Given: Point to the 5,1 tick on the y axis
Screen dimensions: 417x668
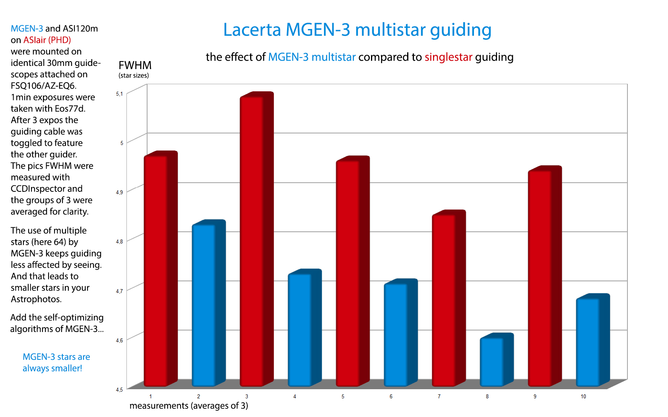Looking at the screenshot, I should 119,94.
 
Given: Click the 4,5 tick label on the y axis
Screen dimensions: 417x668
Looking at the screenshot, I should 119,390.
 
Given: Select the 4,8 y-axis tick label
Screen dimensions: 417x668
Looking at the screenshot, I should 119,241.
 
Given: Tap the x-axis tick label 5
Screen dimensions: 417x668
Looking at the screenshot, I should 343,396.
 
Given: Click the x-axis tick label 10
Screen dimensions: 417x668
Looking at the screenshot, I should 583,396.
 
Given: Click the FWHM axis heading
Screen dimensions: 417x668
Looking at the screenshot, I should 135,65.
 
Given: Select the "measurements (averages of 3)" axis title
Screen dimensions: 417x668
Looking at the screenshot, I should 188,405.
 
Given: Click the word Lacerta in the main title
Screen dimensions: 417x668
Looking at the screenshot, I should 252,30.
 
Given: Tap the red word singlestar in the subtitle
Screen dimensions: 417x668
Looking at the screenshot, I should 448,57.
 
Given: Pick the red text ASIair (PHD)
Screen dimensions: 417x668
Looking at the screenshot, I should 47,40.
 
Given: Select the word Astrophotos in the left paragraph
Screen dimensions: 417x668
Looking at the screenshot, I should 36,299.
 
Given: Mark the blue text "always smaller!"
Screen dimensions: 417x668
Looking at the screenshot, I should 52,368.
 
